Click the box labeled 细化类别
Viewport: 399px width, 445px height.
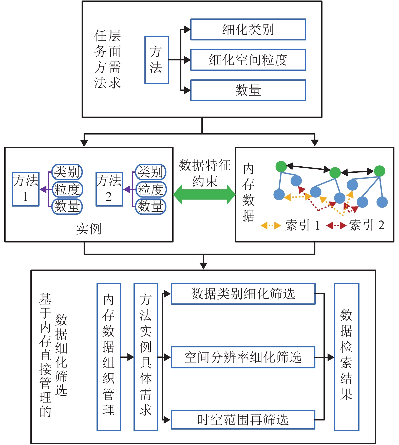[x=248, y=30]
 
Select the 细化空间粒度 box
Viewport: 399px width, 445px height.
[x=248, y=60]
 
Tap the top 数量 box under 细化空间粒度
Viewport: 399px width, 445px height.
[x=248, y=90]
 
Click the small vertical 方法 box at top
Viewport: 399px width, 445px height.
[x=156, y=60]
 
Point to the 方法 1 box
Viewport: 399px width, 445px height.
[x=26, y=189]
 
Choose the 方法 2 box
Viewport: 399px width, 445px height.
[x=109, y=189]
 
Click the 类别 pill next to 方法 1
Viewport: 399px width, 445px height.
[x=67, y=172]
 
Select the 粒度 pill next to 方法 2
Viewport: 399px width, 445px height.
[x=151, y=189]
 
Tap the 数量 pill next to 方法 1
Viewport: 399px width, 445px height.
[x=67, y=206]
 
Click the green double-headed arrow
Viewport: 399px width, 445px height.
[x=204, y=194]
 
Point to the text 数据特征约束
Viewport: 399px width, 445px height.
[x=205, y=173]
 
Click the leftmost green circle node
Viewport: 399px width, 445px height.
[x=281, y=167]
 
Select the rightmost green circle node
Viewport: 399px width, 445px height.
[x=379, y=171]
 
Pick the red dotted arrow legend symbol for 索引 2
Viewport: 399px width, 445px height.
[x=336, y=225]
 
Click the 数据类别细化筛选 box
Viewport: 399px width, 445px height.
[x=243, y=294]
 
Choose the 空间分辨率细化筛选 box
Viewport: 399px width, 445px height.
[x=243, y=357]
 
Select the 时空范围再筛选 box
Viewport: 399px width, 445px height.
[x=243, y=420]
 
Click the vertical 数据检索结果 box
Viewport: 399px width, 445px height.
[x=346, y=357]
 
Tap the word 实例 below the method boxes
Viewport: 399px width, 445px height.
[x=89, y=229]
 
